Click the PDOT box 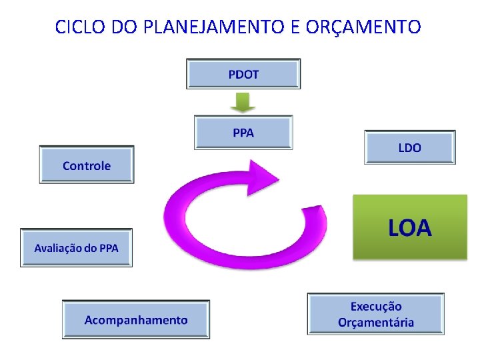click(243, 74)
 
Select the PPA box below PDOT click(243, 133)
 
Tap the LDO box click(409, 147)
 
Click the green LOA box click(409, 227)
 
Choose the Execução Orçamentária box click(375, 315)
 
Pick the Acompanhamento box click(136, 320)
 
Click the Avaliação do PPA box click(76, 248)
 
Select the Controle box click(87, 165)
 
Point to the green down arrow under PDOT click(243, 102)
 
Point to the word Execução click(376, 307)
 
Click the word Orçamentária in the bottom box click(376, 323)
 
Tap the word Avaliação click(57, 248)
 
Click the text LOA click(409, 229)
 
